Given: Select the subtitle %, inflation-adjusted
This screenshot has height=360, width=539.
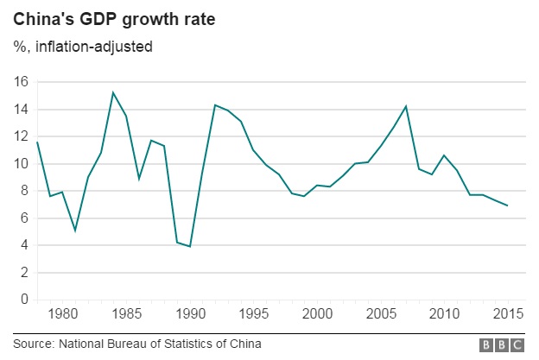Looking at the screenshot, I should [x=82, y=46].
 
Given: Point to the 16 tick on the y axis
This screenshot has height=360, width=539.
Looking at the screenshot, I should [x=21, y=82].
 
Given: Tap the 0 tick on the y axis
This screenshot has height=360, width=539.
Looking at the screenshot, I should [x=25, y=300].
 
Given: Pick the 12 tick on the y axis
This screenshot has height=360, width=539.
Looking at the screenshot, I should [x=21, y=136].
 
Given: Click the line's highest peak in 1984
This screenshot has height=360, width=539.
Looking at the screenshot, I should [x=113, y=92].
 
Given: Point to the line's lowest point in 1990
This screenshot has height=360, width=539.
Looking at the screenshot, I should [x=190, y=247].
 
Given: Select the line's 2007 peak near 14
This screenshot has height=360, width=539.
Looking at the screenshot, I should [x=406, y=106].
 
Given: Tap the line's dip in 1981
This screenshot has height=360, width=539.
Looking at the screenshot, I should [x=75, y=231].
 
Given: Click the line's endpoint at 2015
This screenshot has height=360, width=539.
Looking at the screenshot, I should [x=508, y=205].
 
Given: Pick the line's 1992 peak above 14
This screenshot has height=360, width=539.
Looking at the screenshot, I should [x=215, y=105].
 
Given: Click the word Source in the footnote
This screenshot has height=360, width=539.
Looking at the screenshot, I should [x=33, y=344].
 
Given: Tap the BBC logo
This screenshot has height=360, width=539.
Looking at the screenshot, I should [x=502, y=344].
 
